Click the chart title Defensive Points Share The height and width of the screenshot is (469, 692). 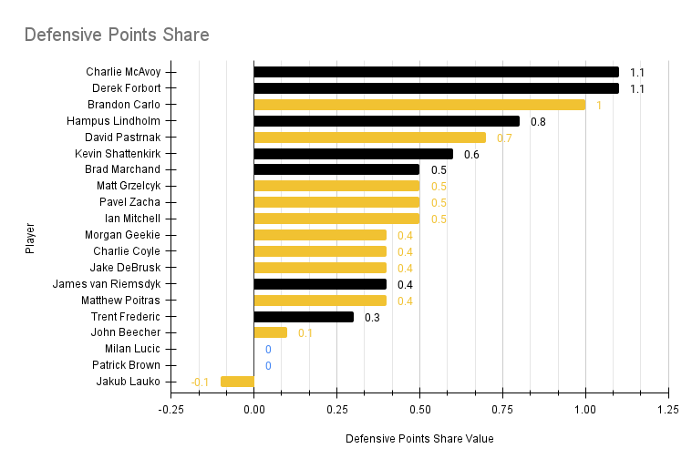point(117,36)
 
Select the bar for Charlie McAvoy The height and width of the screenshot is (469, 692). point(436,72)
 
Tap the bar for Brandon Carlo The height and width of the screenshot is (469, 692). point(419,105)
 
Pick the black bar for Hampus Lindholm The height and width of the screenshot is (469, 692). point(387,121)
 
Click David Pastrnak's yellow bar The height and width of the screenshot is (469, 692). point(369,138)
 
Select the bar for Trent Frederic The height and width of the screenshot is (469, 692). point(304,317)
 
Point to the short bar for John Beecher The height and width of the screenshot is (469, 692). point(270,332)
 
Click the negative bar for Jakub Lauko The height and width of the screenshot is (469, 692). point(237,382)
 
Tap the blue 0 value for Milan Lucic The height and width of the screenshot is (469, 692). point(268,349)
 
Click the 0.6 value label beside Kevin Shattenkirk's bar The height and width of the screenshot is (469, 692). point(471,154)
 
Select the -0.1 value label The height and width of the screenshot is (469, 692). point(200,382)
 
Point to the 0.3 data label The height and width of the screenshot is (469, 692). point(372,317)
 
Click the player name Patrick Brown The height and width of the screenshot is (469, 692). point(126,365)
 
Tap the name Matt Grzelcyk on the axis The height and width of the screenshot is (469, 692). point(129,186)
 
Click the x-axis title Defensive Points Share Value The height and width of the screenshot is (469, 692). point(419,439)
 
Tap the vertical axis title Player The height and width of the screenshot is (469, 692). point(30,236)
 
